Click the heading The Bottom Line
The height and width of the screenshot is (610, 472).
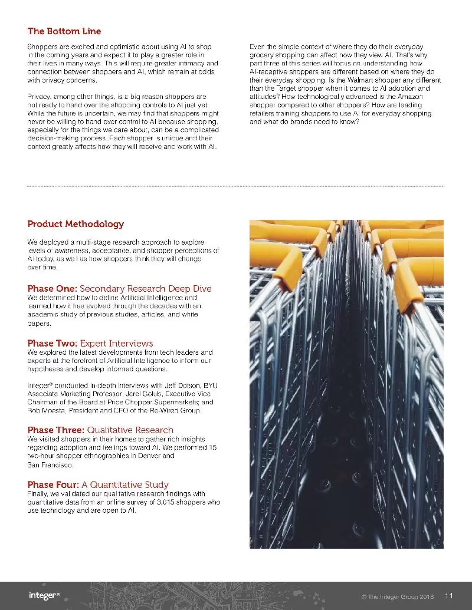64,31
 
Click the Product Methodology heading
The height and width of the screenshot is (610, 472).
76,224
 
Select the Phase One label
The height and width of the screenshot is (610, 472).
52,289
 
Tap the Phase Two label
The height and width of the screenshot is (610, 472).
52,343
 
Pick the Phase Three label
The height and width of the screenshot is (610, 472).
55,430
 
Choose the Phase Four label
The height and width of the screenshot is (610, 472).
54,484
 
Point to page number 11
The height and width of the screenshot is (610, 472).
448,595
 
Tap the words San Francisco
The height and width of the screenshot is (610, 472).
51,465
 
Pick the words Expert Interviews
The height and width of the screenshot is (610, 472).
116,343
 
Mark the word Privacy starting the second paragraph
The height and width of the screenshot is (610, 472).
40,97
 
